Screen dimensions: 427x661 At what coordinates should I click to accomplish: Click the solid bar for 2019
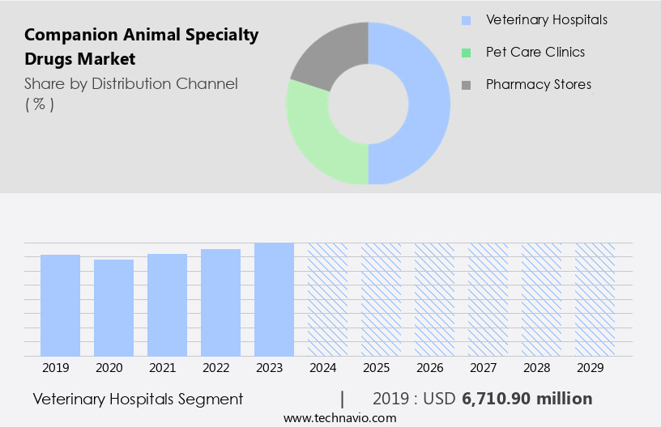click(60, 305)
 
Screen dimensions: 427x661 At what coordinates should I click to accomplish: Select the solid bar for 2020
click(113, 307)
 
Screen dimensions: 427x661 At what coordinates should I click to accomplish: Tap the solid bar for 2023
click(274, 299)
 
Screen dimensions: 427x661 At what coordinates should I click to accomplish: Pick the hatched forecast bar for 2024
click(327, 299)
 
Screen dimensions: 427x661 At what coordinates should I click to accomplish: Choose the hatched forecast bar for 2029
click(595, 299)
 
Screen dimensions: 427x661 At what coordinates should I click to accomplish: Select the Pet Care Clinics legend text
click(535, 52)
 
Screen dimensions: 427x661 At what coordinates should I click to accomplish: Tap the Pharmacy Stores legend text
click(538, 84)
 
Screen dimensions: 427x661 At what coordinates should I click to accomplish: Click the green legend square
click(466, 53)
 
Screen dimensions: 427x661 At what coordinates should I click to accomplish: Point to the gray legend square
click(466, 85)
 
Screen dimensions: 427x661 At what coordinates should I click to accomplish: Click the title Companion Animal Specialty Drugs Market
click(142, 47)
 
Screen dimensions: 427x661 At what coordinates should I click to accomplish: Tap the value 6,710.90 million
click(527, 399)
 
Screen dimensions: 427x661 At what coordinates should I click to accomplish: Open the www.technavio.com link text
click(339, 418)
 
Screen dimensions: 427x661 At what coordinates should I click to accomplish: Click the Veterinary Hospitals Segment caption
click(138, 399)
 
